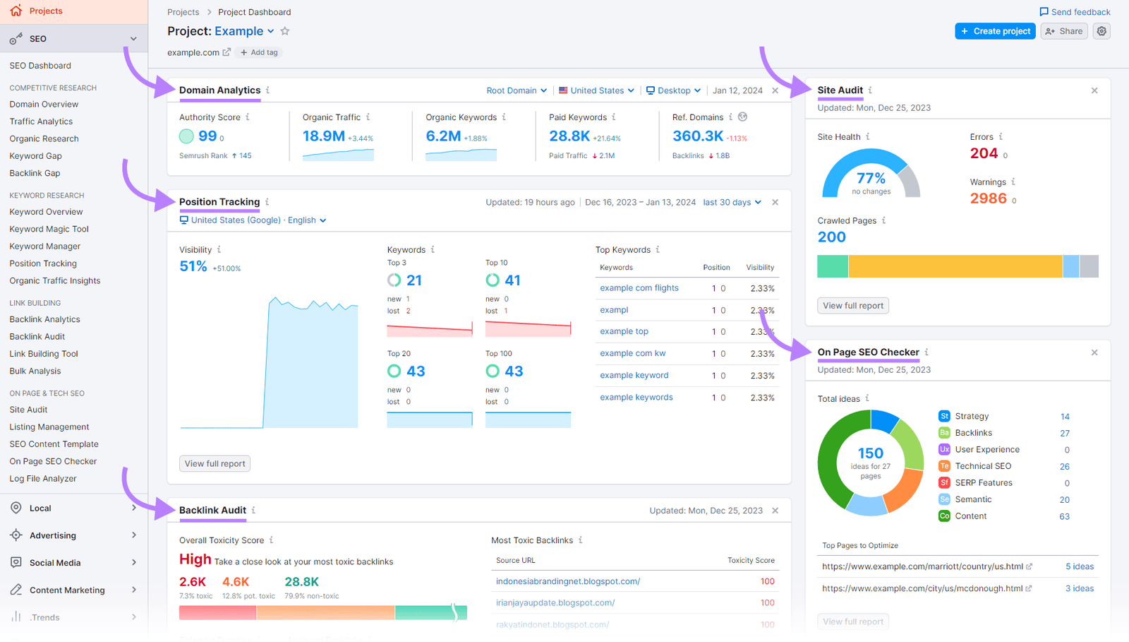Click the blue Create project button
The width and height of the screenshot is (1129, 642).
[995, 31]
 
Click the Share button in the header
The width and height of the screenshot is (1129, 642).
[1063, 31]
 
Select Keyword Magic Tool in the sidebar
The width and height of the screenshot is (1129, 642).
[49, 229]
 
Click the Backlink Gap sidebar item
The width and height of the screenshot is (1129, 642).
[35, 173]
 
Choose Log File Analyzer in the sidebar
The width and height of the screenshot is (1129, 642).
[43, 478]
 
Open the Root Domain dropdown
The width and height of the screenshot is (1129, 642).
[517, 90]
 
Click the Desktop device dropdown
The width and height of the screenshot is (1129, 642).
[674, 90]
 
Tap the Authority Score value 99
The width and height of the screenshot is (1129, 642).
[207, 136]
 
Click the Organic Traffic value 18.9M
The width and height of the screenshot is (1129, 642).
[324, 136]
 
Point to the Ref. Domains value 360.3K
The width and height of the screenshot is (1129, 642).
[697, 136]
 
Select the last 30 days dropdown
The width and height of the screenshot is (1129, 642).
[732, 202]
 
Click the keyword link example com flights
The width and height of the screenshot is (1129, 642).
[639, 288]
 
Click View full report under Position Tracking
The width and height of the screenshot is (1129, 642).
[215, 464]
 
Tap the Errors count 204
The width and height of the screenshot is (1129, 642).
[984, 153]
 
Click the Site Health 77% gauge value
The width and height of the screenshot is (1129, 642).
[871, 178]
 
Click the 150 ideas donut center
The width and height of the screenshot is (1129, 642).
[870, 453]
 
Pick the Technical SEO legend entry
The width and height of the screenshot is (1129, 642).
[983, 466]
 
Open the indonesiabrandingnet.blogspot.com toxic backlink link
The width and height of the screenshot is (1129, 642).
[567, 581]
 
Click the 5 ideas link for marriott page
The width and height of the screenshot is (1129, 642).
[1080, 566]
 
